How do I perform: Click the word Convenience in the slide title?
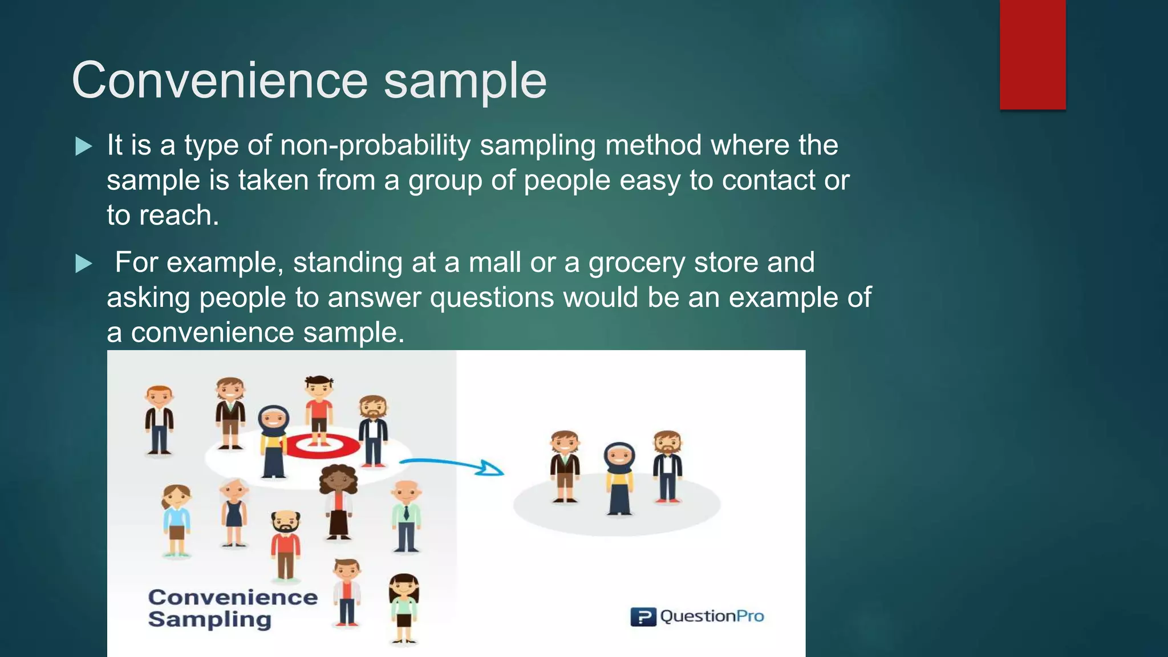(220, 80)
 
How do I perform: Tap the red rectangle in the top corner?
(1032, 54)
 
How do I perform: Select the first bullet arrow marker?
(84, 147)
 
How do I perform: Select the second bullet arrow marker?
(84, 263)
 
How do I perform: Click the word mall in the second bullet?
(494, 263)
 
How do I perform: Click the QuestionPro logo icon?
(643, 617)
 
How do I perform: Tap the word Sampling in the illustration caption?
(209, 619)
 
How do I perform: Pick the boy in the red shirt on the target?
(319, 408)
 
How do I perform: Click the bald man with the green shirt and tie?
(406, 516)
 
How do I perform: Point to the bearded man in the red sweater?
(286, 545)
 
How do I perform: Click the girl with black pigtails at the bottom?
(404, 607)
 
